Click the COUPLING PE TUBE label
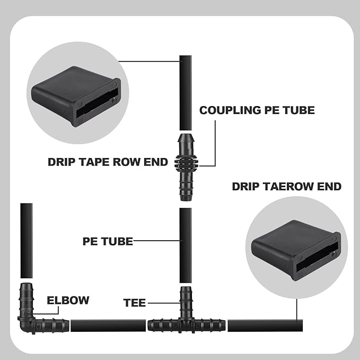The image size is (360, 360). (257, 110)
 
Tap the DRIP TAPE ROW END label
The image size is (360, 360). (108, 162)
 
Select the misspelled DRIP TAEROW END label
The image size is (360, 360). (286, 186)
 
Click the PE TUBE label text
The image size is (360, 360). (107, 241)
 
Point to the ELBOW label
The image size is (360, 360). (68, 300)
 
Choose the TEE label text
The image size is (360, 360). (134, 303)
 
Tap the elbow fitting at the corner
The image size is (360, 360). (32, 315)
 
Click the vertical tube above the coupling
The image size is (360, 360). (186, 93)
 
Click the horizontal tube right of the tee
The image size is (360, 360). (265, 325)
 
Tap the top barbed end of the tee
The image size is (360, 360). (186, 297)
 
